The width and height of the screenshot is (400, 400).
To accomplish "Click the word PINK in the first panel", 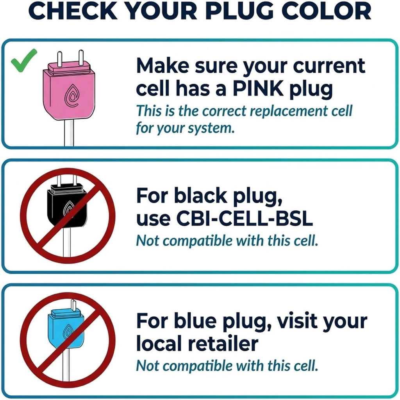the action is pos(258,89).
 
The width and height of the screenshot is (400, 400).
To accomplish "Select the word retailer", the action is pos(223,343).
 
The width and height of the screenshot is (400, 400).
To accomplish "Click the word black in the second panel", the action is pos(201,196).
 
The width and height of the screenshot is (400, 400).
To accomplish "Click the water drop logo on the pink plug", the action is pos(71,95).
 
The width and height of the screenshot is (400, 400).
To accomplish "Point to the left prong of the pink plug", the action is pos(59,59).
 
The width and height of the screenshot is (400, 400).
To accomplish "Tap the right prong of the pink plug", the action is pos(81,57).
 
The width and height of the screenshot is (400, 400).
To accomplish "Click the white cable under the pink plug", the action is pos(69,133).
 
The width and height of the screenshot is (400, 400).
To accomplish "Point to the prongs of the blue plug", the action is pos(73,305).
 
